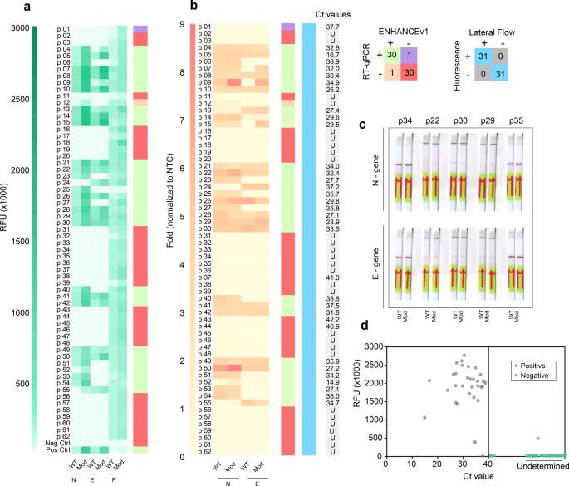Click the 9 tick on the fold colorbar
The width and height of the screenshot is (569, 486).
[180, 25]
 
